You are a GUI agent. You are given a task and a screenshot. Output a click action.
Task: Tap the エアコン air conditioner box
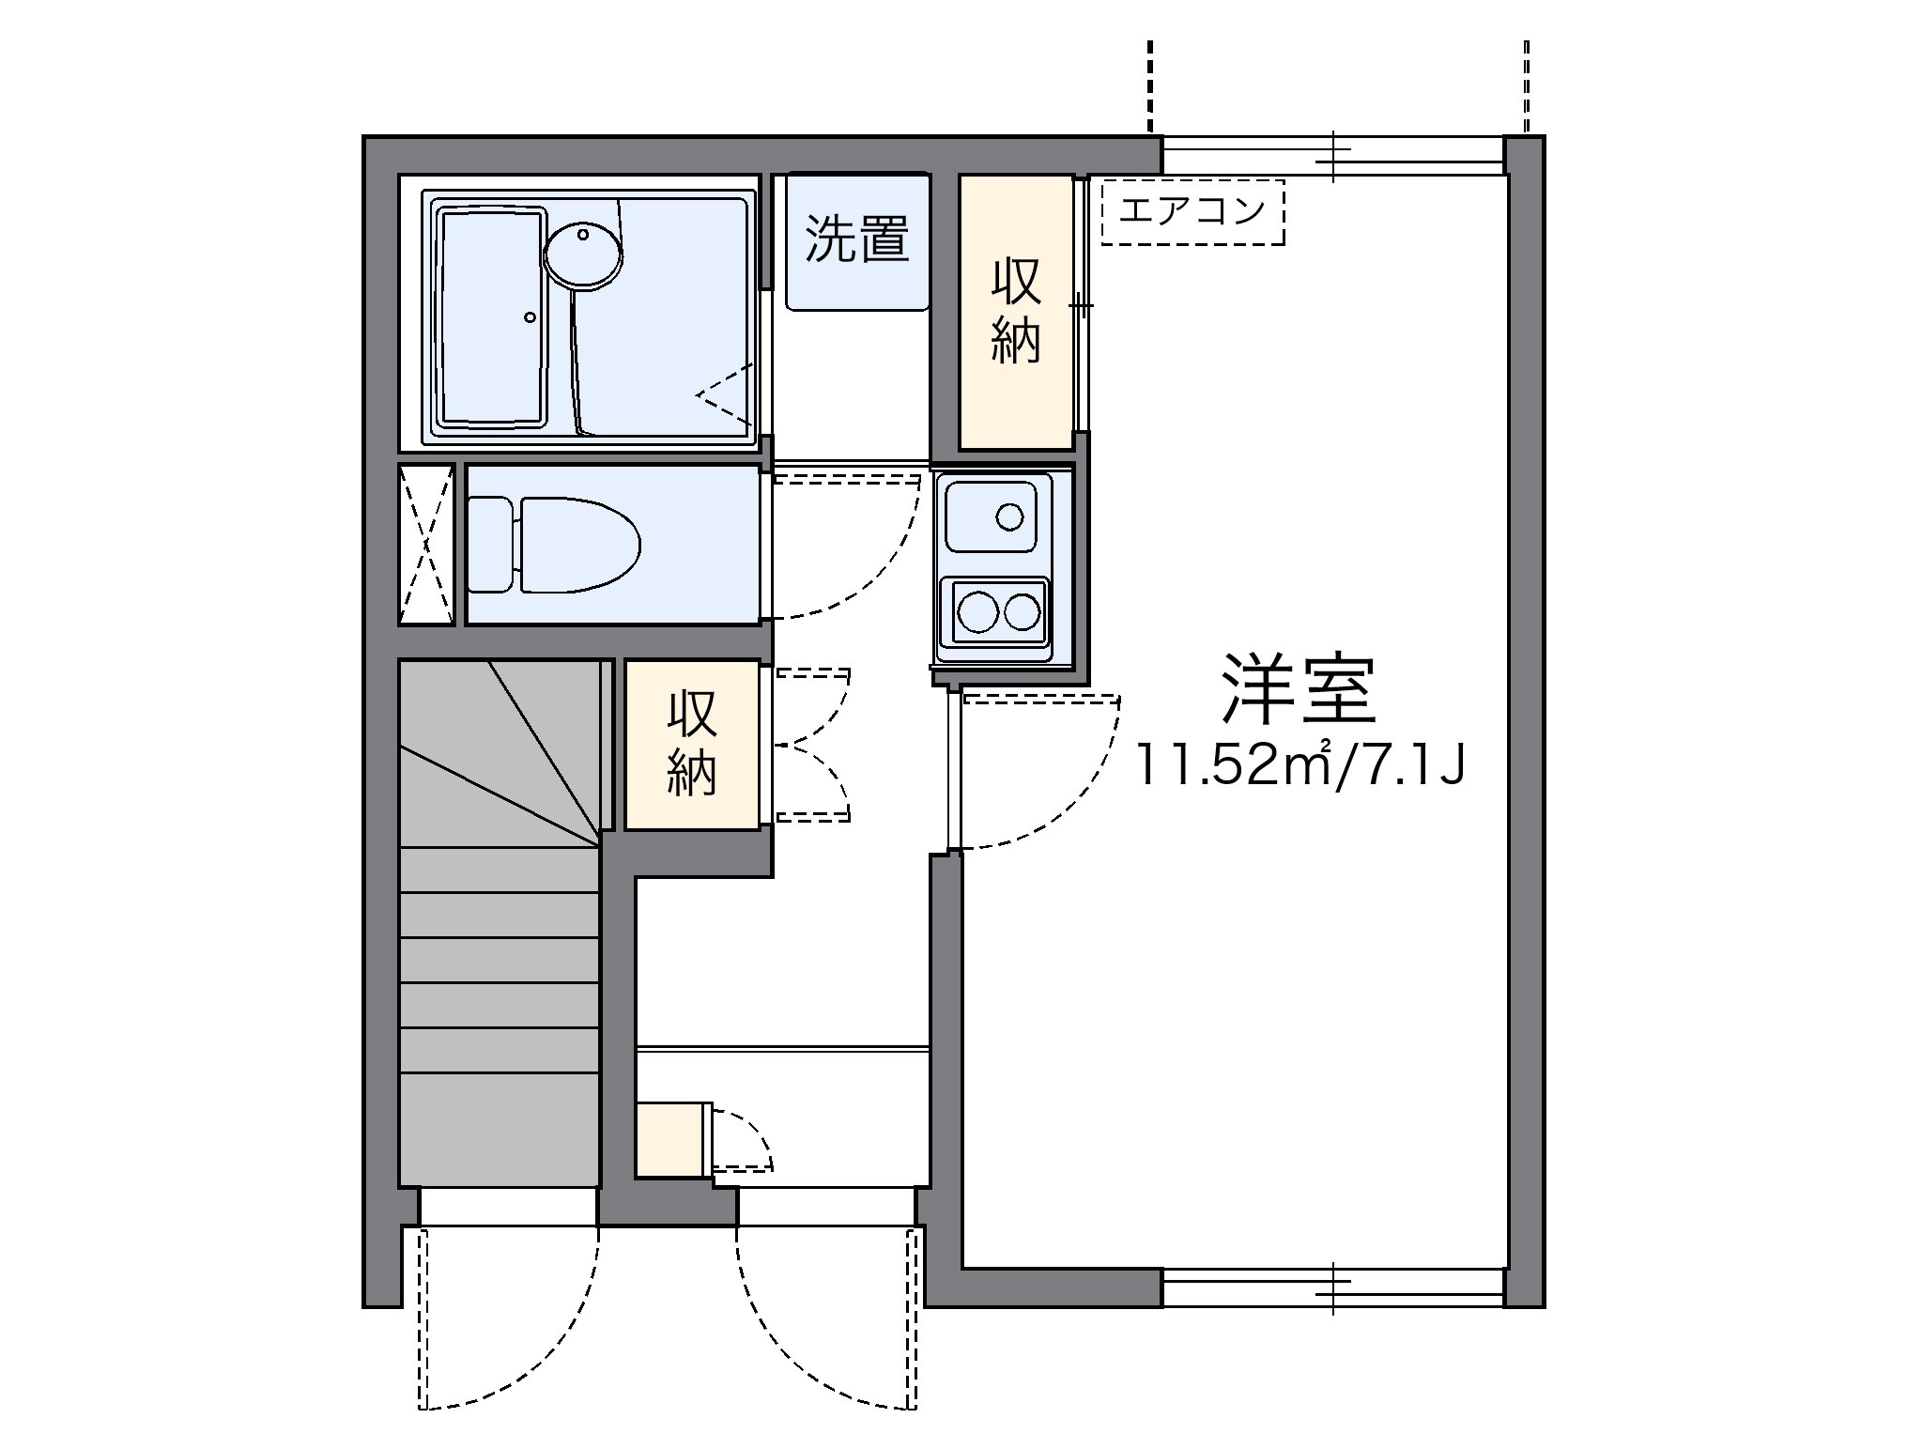[x=1192, y=211]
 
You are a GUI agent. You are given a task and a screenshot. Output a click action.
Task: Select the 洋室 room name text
[x=1299, y=690]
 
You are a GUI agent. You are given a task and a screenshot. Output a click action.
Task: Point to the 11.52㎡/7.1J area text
[x=1300, y=765]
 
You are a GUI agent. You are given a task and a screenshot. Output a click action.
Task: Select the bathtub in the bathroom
[x=492, y=317]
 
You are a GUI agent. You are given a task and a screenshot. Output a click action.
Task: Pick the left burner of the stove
[x=977, y=613]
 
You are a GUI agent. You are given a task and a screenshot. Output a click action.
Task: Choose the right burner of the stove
[x=1022, y=613]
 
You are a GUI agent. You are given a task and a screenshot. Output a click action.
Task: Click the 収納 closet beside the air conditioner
[x=1016, y=312]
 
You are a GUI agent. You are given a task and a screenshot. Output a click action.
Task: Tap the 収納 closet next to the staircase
[x=692, y=745]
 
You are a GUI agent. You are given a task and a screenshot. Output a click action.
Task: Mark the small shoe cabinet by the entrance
[x=669, y=1139]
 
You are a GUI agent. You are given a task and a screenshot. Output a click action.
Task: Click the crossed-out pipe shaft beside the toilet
[x=426, y=544]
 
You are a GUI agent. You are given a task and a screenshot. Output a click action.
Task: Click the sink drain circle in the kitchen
[x=1009, y=516]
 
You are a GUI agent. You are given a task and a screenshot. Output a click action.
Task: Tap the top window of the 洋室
[x=1334, y=155]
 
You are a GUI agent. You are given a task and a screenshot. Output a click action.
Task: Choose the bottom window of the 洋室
[x=1334, y=1287]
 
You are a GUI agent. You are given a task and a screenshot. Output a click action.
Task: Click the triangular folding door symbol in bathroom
[x=725, y=395]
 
